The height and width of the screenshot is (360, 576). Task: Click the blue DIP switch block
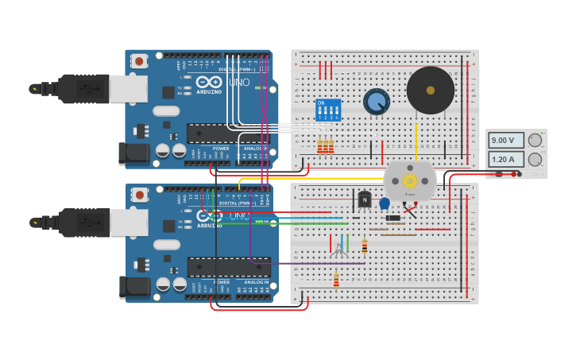[327, 110]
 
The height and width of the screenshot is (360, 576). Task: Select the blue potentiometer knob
[376, 102]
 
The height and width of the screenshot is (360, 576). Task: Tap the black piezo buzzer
[430, 90]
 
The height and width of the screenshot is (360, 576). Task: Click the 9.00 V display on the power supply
[506, 141]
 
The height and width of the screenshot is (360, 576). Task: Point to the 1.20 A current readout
[506, 160]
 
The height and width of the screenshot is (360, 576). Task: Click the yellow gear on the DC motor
[410, 180]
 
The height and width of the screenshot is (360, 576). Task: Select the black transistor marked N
[365, 200]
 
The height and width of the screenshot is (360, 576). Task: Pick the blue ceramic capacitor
[385, 203]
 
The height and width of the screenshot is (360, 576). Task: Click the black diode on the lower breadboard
[392, 218]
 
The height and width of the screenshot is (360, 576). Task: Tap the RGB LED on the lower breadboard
[338, 250]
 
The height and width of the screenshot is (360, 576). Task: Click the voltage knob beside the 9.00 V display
[535, 141]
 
